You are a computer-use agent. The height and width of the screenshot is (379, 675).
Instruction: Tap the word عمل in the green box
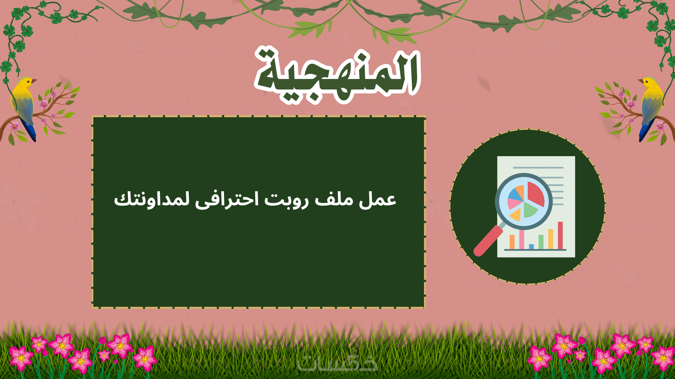click(378, 199)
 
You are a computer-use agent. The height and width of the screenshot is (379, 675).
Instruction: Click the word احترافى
click(227, 199)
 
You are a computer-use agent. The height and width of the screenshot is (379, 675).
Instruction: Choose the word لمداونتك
click(152, 199)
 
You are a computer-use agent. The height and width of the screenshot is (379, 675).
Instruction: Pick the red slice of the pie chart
click(535, 193)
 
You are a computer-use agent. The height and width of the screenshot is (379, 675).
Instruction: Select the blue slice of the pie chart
click(516, 193)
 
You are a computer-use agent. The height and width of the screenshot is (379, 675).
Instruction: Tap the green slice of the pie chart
click(530, 210)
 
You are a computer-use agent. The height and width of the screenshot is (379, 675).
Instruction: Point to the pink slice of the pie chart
click(514, 204)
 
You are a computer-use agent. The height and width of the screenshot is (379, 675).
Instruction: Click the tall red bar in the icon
click(560, 235)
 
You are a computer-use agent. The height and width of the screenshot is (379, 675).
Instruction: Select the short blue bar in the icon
click(531, 246)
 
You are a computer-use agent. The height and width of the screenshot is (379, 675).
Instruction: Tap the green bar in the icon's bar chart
click(541, 242)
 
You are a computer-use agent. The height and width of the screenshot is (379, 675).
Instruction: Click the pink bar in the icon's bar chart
click(522, 240)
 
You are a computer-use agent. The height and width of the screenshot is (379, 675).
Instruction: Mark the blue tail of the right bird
click(646, 130)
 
